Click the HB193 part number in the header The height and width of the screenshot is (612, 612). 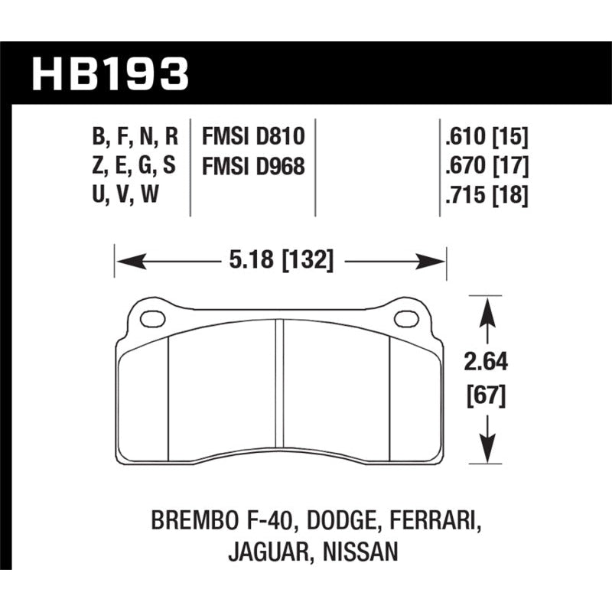tap(109, 75)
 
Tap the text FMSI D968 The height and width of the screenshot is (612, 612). tap(252, 166)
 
